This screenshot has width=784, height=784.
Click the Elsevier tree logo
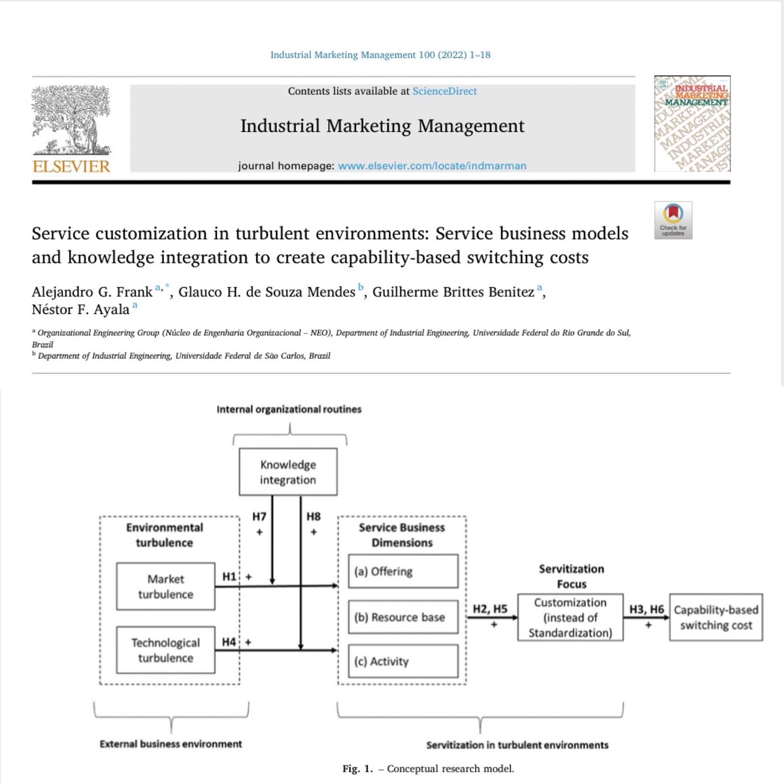point(71,121)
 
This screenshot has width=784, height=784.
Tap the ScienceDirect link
point(444,91)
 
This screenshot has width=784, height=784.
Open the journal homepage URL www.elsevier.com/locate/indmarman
point(432,166)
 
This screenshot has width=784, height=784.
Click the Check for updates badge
point(673,220)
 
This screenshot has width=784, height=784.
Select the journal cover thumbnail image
point(693,124)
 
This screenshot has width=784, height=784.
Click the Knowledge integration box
point(288,472)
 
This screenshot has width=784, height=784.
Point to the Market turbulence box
point(165,587)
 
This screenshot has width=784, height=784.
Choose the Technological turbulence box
point(165,650)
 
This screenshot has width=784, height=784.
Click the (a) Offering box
point(402,572)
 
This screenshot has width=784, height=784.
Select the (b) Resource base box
point(402,617)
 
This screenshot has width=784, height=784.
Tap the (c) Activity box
point(402,661)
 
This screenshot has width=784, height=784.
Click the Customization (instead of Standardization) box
point(570,617)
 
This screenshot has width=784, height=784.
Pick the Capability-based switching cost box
point(716,617)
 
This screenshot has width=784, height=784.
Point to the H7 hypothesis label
point(259,517)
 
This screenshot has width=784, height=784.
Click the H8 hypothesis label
point(314,517)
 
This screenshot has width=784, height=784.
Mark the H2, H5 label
point(490,609)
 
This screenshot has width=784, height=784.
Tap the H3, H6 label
point(646,609)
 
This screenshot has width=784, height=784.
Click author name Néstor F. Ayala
point(80,310)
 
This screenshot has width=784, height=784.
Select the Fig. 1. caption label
point(357,769)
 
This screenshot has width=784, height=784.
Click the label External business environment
point(171,743)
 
